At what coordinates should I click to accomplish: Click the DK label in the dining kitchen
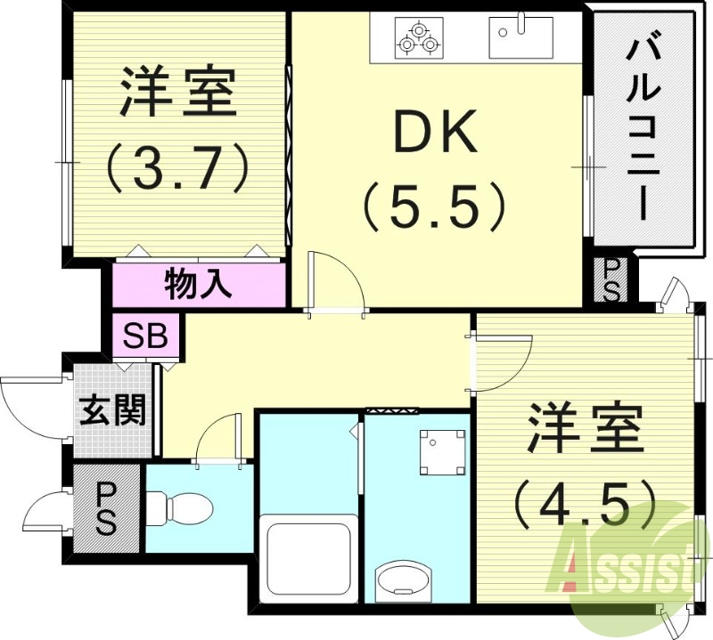437,132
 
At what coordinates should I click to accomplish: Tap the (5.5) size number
434,207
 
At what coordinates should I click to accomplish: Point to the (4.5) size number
586,506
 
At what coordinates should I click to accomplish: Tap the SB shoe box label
146,337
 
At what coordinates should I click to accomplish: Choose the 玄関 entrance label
112,409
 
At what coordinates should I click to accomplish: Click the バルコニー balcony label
643,129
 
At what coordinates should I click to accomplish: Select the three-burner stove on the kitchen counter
419,38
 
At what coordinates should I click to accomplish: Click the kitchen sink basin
520,38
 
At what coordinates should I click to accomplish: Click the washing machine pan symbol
443,452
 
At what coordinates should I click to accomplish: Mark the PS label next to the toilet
106,508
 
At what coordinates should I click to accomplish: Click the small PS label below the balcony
611,280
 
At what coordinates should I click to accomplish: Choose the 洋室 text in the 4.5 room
586,428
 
